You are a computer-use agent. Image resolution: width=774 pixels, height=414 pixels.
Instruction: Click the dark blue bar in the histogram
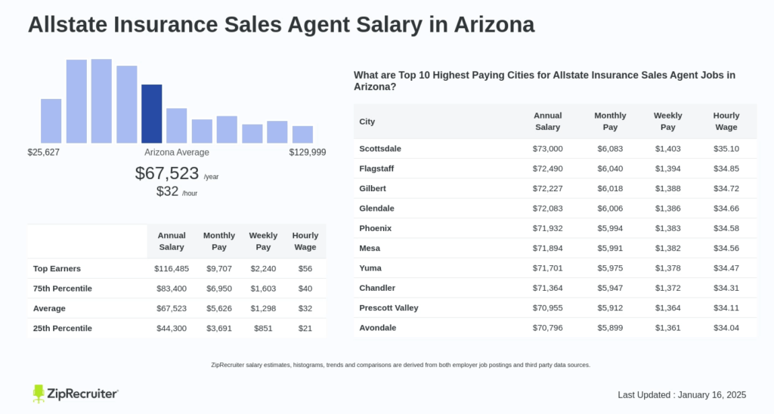tap(151, 113)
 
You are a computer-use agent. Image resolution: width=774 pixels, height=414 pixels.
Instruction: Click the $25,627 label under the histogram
tap(43, 153)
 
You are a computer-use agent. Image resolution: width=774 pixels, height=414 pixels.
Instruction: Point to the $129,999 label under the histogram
tap(307, 153)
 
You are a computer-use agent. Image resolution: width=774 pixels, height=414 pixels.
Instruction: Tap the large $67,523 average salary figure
tap(166, 173)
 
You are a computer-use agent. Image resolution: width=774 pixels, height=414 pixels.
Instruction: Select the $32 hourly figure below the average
tap(167, 192)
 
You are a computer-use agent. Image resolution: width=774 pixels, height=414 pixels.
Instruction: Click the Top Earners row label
tap(57, 269)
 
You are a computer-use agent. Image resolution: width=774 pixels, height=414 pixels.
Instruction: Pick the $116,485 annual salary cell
tap(172, 269)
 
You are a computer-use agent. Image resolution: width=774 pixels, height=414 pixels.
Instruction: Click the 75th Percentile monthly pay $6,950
tap(218, 289)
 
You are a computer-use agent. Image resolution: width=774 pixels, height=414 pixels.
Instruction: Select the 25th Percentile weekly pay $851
tap(263, 329)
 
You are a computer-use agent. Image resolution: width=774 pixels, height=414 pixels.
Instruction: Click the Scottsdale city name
tap(380, 149)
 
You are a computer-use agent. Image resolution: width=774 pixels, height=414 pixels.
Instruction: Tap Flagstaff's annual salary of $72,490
tap(547, 168)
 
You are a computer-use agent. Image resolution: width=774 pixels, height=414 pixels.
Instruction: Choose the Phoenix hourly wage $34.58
tap(726, 228)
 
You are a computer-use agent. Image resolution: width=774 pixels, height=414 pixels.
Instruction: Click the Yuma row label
tap(370, 268)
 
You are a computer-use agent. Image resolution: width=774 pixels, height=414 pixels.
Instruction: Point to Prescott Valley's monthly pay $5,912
tap(610, 308)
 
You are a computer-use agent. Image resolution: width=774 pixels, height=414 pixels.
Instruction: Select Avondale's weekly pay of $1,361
tap(667, 328)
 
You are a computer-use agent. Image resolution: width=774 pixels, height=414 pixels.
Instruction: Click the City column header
tap(367, 122)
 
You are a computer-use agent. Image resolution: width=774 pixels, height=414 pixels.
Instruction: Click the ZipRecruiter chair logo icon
tap(39, 394)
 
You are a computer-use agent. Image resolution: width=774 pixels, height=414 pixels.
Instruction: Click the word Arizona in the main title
tap(494, 24)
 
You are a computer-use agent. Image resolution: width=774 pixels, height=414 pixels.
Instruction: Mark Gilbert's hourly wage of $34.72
tap(726, 189)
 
